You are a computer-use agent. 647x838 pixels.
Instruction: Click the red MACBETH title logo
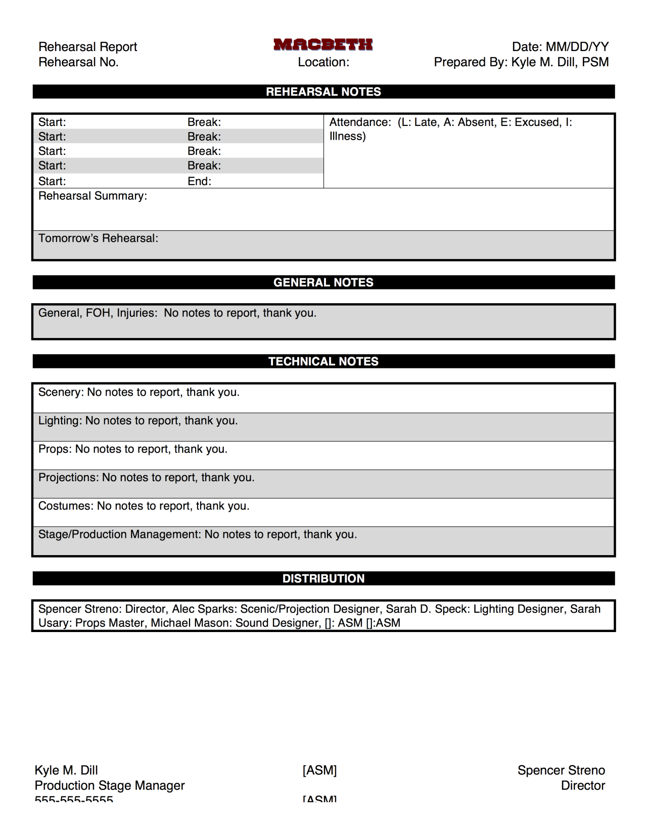(x=323, y=45)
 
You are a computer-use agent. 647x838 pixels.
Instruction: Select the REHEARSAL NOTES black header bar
(x=323, y=92)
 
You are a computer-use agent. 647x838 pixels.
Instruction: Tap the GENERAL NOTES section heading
(x=323, y=282)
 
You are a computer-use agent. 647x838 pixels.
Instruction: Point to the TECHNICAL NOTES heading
(x=323, y=361)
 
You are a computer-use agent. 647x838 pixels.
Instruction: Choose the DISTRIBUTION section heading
(x=323, y=578)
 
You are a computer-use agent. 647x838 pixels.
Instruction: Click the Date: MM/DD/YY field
(x=560, y=47)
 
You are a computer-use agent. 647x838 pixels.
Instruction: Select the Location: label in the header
(x=323, y=62)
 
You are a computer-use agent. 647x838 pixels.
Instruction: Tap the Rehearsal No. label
(x=78, y=62)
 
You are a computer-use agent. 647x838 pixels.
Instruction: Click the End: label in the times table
(x=199, y=181)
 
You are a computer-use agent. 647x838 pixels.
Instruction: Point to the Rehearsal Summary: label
(x=93, y=196)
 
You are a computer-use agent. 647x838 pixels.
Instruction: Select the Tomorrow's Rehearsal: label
(x=98, y=238)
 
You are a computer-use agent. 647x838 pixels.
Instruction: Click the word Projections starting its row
(x=68, y=477)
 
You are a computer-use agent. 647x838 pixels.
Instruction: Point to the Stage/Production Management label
(x=120, y=534)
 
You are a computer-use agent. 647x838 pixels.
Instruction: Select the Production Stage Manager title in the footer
(x=110, y=785)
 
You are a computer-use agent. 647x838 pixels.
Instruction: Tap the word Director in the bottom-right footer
(x=583, y=785)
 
